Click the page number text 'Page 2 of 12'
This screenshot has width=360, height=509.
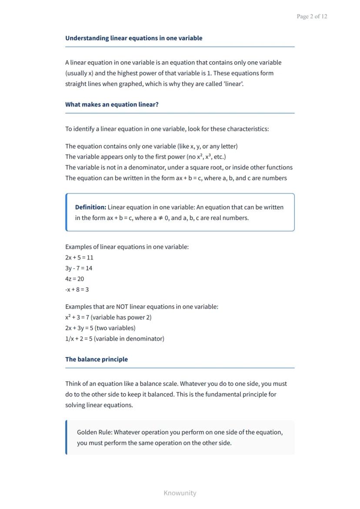(312, 17)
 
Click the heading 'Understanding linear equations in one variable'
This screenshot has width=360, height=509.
(133, 38)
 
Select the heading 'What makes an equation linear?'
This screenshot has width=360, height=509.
(112, 105)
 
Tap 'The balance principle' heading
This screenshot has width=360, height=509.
(97, 359)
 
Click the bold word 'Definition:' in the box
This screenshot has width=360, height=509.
(90, 207)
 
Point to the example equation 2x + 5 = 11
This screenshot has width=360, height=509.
(79, 257)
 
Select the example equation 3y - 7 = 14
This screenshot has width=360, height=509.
(79, 268)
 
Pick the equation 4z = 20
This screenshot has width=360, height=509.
(74, 279)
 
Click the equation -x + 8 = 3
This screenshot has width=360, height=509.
(77, 289)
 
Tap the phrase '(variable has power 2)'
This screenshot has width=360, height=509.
(121, 317)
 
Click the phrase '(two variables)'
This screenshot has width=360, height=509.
(115, 328)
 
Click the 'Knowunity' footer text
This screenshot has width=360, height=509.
(180, 493)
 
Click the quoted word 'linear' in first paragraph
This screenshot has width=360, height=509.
(233, 84)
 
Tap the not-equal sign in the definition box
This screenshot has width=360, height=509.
(160, 218)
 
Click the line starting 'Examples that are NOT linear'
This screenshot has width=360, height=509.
(142, 307)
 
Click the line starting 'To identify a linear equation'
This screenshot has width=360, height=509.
(167, 129)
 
